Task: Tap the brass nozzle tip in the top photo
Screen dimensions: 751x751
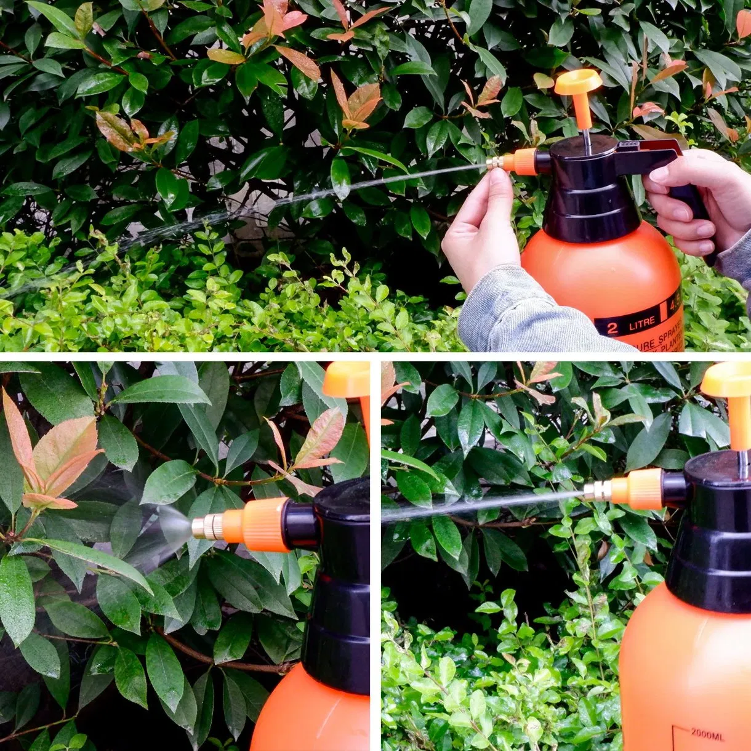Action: pos(493,164)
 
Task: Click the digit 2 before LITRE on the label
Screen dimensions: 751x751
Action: pos(612,327)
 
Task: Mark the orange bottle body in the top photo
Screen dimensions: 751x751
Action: pos(603,271)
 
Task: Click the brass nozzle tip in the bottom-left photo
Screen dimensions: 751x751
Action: pos(207,527)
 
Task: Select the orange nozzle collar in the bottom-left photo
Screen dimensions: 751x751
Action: pos(259,524)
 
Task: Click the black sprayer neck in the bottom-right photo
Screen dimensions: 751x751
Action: pos(708,554)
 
